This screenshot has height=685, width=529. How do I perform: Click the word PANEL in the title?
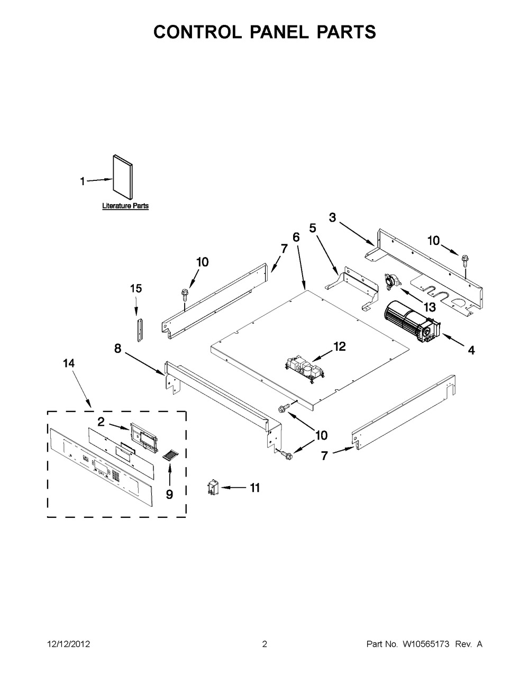[x=279, y=32]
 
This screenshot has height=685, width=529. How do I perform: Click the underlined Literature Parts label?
[x=125, y=206]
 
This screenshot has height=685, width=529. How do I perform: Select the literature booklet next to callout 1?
[x=123, y=177]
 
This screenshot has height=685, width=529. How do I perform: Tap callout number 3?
[x=333, y=217]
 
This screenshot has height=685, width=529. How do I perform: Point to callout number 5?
[x=313, y=227]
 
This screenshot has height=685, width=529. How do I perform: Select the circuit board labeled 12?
[x=305, y=370]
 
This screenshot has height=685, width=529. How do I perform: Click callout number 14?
[x=69, y=363]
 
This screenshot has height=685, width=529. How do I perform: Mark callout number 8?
[x=117, y=349]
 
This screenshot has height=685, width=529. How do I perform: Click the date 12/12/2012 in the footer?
[x=69, y=644]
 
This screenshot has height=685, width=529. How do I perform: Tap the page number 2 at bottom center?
[x=264, y=644]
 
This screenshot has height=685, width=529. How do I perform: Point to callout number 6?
[x=296, y=237]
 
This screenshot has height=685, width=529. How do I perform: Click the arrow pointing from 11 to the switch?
[x=234, y=488]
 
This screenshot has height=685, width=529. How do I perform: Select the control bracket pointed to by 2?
[x=143, y=436]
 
